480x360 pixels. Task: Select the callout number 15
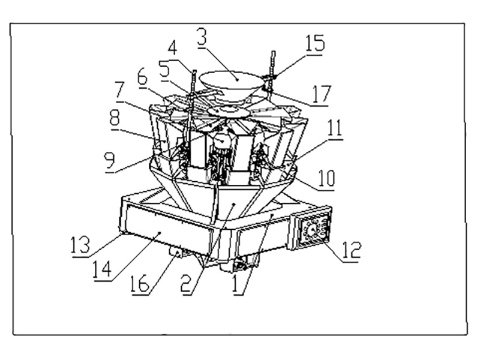point(315,44)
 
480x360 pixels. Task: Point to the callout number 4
point(173,48)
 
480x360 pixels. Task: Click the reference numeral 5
point(164,69)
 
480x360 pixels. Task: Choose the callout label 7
point(119,92)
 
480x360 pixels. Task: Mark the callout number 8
point(114,117)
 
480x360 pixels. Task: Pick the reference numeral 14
point(103,268)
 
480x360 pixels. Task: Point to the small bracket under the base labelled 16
point(176,254)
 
